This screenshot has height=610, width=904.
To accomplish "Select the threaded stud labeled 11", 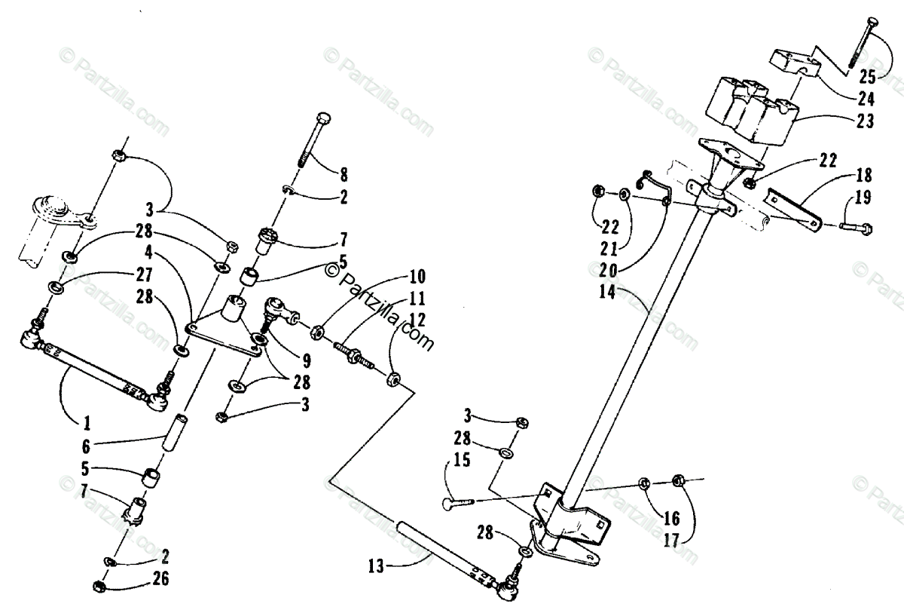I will coord(353,354).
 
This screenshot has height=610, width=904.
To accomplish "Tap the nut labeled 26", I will coord(99,586).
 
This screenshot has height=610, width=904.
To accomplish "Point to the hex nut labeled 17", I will coord(676,480).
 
